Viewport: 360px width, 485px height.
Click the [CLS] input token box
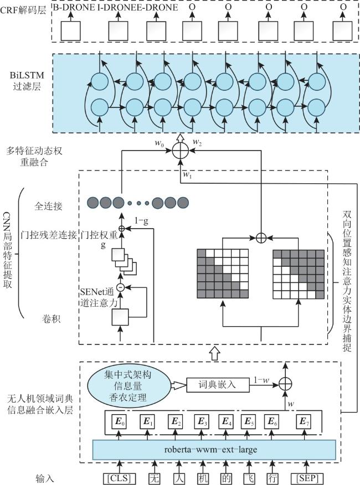point(119,478)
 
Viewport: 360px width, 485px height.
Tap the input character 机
point(203,478)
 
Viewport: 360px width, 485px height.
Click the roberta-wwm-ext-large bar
point(214,450)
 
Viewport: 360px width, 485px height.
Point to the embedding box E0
point(119,421)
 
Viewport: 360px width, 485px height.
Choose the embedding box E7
point(304,421)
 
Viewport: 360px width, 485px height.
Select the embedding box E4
point(227,421)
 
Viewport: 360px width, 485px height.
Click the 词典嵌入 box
point(218,385)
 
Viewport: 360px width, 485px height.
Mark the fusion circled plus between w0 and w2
point(181,151)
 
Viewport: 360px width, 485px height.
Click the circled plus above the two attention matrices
point(261,238)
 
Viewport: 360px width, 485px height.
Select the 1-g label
point(141,221)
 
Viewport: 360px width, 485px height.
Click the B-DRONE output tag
point(74,7)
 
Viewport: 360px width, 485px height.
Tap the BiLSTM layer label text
point(27,81)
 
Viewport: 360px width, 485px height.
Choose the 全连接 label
point(48,206)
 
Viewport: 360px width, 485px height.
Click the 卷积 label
point(51,318)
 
